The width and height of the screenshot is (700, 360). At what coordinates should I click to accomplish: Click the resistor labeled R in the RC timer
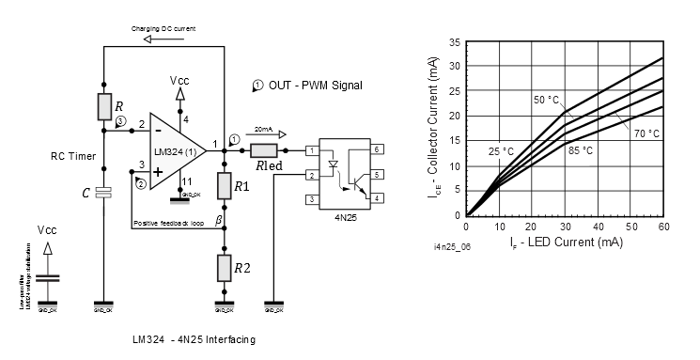coord(104,106)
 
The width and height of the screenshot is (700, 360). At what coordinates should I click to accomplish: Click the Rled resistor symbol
coord(264,150)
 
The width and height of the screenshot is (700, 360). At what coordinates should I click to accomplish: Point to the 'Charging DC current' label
coord(163,29)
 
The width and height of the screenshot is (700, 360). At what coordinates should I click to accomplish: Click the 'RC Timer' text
coord(72,158)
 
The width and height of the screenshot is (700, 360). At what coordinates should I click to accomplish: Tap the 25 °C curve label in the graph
coord(500,151)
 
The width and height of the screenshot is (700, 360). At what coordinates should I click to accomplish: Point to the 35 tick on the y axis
coord(455,42)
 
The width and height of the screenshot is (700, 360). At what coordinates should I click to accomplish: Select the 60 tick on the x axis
coord(663,226)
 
